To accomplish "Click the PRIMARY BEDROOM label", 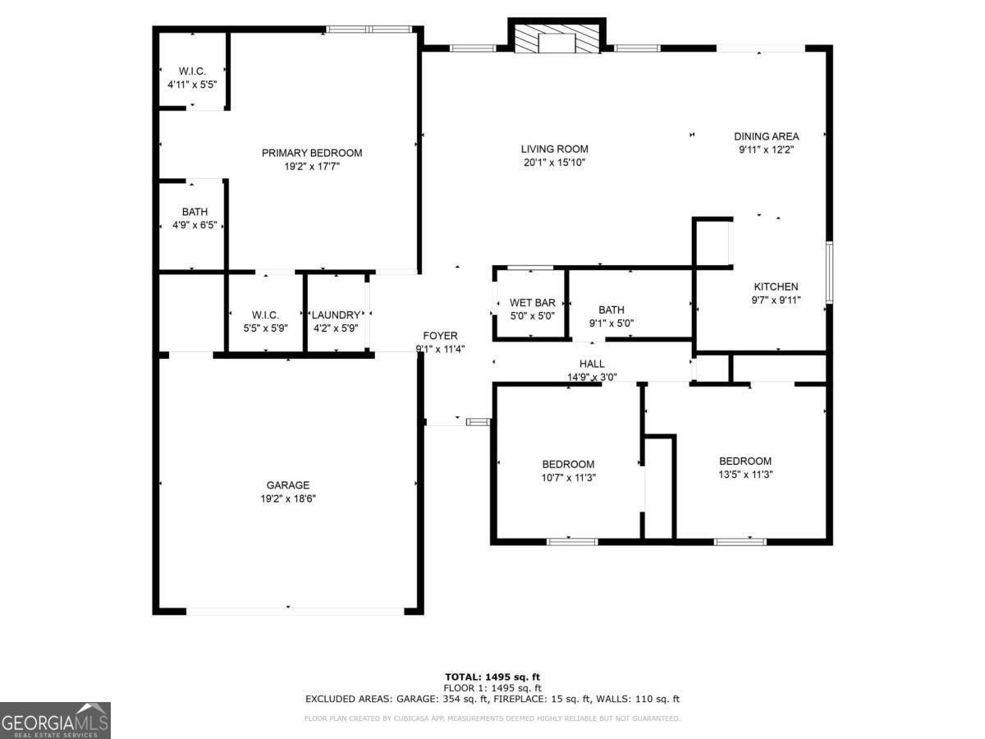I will click(312, 153).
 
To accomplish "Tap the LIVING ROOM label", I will click(555, 149).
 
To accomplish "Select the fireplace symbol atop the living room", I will click(557, 39).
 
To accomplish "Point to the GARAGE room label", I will click(288, 485).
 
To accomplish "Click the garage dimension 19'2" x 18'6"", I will click(288, 498).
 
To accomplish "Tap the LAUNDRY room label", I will click(336, 314).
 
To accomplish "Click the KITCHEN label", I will click(776, 287).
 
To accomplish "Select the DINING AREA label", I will click(766, 136).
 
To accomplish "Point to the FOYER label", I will click(440, 335).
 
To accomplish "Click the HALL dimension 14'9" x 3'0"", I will click(592, 378).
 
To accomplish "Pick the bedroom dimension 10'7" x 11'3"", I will click(568, 477).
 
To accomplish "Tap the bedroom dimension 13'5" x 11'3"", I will click(745, 474).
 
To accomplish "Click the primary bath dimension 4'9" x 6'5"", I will click(195, 225).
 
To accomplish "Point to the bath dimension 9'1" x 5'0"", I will click(612, 323).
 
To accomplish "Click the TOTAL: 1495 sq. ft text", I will click(492, 677).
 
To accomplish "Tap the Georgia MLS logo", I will click(55, 721).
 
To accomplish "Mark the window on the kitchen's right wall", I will click(829, 272).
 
